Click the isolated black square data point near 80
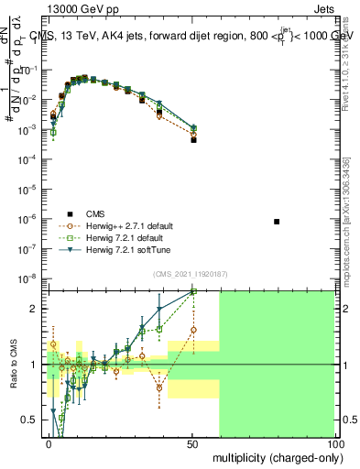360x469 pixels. click(x=278, y=222)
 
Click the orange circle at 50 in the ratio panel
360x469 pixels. click(x=193, y=330)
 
